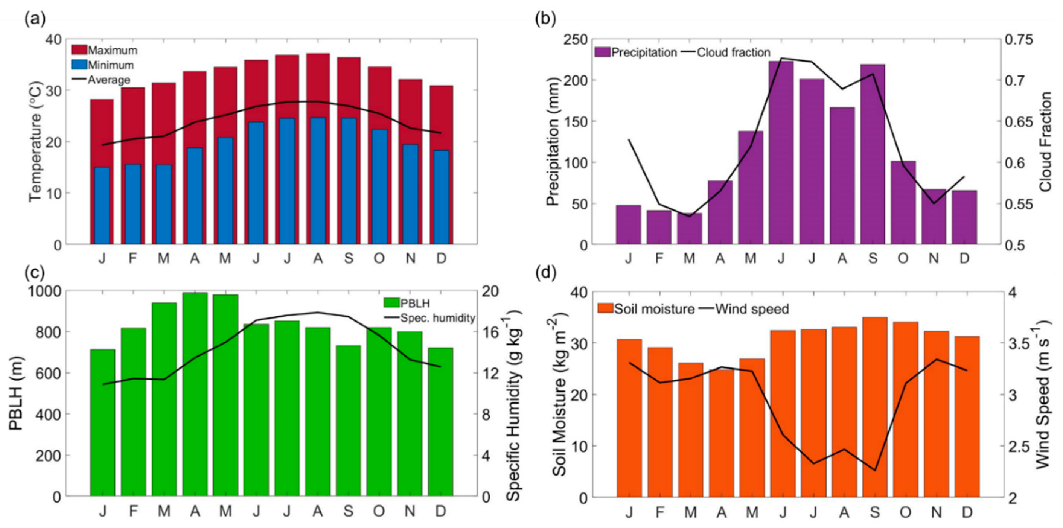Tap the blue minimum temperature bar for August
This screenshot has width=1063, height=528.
318,182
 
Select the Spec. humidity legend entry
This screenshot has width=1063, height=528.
437,318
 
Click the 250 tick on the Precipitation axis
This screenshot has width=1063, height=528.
576,40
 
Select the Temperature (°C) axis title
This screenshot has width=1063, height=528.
36,142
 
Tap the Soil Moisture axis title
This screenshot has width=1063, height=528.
560,394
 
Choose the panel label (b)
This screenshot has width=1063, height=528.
545,19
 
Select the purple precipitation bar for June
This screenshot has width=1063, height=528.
781,153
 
